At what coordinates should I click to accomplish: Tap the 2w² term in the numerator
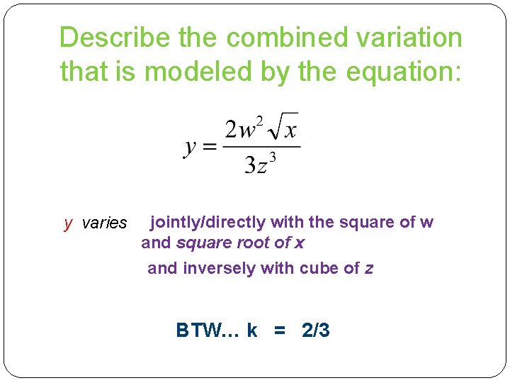242,129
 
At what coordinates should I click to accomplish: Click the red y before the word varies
68,223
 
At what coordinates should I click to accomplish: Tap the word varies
104,223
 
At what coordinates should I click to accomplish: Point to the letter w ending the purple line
426,223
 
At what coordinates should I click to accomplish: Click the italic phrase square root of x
240,243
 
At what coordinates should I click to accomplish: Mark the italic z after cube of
368,268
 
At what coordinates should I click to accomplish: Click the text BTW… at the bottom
208,330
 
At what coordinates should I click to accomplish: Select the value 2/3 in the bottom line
315,330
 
